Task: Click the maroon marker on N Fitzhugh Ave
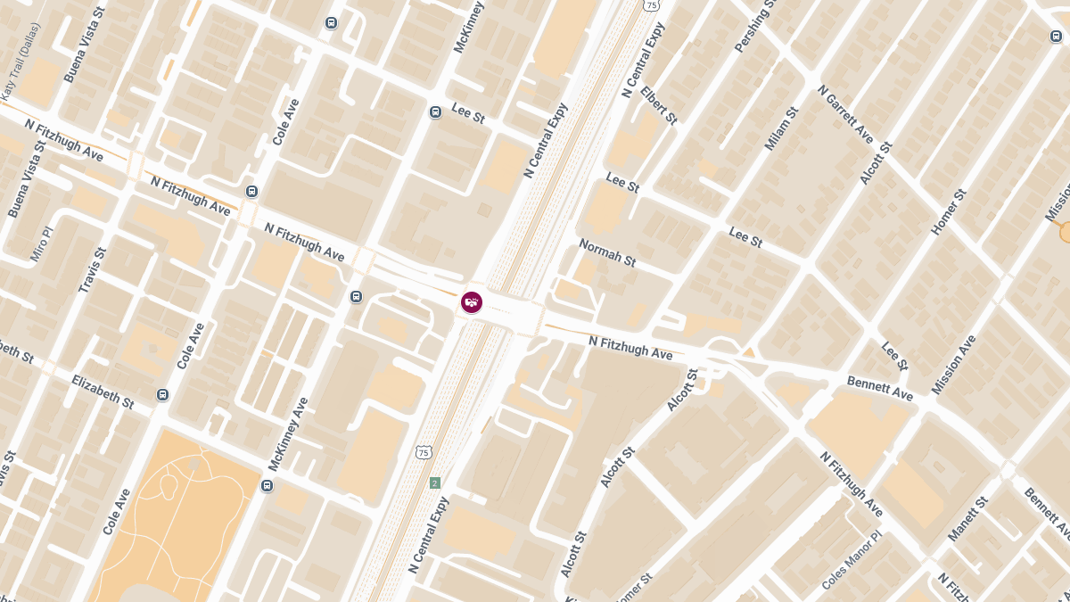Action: (472, 302)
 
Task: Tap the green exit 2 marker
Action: (434, 482)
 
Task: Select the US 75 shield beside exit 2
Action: (422, 453)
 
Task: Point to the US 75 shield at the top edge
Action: (652, 5)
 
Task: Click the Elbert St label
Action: (659, 106)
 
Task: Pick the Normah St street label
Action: (607, 252)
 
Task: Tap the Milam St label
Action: (781, 128)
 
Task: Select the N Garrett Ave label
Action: (845, 114)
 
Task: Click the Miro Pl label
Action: (42, 243)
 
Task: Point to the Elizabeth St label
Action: (103, 391)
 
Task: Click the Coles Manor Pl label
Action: (851, 562)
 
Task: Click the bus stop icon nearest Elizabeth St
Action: (162, 395)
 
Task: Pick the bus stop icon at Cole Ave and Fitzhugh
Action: (251, 191)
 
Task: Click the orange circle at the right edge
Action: (1065, 232)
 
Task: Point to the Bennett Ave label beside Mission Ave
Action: (879, 388)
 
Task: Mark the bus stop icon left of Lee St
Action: (435, 112)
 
